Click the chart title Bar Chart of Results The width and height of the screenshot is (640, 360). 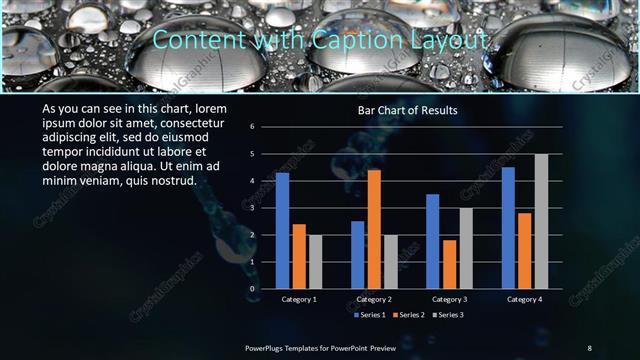tap(408, 110)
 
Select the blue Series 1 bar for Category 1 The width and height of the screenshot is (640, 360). tap(282, 230)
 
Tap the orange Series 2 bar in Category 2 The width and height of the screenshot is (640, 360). tap(374, 229)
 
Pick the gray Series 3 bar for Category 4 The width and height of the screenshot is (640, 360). tap(541, 221)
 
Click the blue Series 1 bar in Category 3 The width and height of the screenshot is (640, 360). tap(432, 241)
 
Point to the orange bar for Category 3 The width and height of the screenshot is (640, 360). tap(449, 264)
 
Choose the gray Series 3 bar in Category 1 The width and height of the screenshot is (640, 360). tap(315, 262)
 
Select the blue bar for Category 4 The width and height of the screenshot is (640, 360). tap(508, 228)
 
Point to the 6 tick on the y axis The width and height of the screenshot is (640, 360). tap(253, 127)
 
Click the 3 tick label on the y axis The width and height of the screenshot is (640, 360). tap(253, 208)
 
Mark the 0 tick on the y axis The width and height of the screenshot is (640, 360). tap(253, 289)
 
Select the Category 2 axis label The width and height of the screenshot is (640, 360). tap(374, 299)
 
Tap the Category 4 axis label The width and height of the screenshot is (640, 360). tap(524, 299)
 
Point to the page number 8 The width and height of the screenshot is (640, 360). tap(589, 348)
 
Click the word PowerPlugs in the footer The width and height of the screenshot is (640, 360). tap(267, 348)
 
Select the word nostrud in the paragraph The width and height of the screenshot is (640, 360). tap(172, 181)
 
